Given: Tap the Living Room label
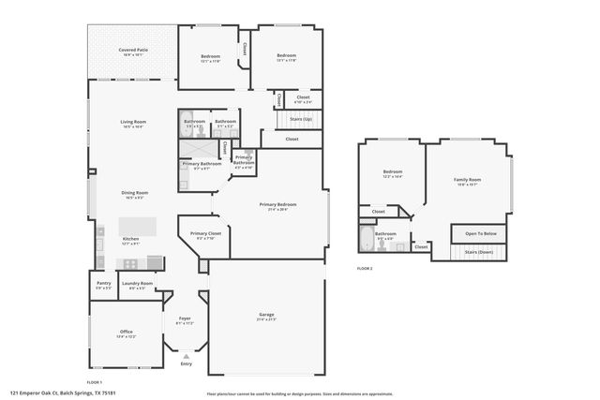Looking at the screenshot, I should [x=132, y=124].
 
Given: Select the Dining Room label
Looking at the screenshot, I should [x=134, y=195].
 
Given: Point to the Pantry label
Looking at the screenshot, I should [x=103, y=285].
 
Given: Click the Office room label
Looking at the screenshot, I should [x=126, y=333].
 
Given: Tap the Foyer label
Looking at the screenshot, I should [x=185, y=320].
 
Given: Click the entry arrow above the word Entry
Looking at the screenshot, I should [x=186, y=356].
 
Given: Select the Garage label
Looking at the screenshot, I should [x=266, y=316].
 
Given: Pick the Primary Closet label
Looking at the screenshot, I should [x=205, y=235].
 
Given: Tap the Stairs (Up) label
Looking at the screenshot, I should [x=301, y=119].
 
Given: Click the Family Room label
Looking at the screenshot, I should [x=467, y=180].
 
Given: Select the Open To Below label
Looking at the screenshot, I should [x=480, y=233].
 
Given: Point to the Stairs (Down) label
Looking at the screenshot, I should [x=480, y=252].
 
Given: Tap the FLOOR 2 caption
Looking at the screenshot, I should [x=365, y=269].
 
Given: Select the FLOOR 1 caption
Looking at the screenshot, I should [x=94, y=382].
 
